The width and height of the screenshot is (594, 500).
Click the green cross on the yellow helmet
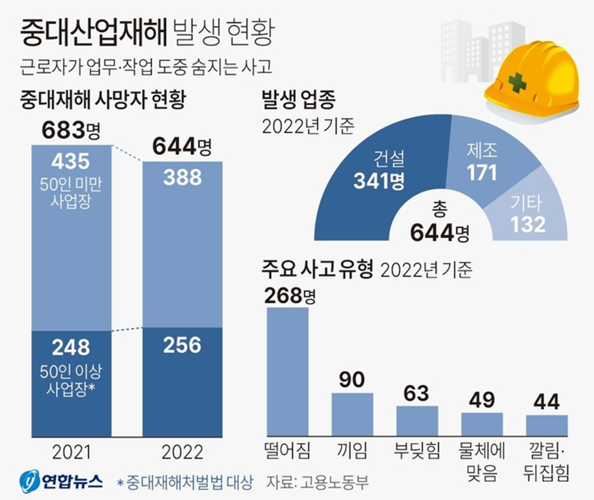pyautogui.click(x=518, y=83)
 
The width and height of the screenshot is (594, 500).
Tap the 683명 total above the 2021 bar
pyautogui.click(x=71, y=131)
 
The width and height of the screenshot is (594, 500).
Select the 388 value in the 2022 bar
pyautogui.click(x=182, y=178)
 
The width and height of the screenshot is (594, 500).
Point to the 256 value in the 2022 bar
pyautogui.click(x=182, y=345)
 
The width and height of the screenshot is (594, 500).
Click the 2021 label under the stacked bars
pyautogui.click(x=71, y=453)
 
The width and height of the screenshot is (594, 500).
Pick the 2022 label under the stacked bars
pyautogui.click(x=182, y=453)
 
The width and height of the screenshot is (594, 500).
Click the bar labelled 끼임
pyautogui.click(x=352, y=414)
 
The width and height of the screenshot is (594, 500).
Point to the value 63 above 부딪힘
pyautogui.click(x=416, y=393)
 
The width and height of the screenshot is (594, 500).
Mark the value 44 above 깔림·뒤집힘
pyautogui.click(x=547, y=401)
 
